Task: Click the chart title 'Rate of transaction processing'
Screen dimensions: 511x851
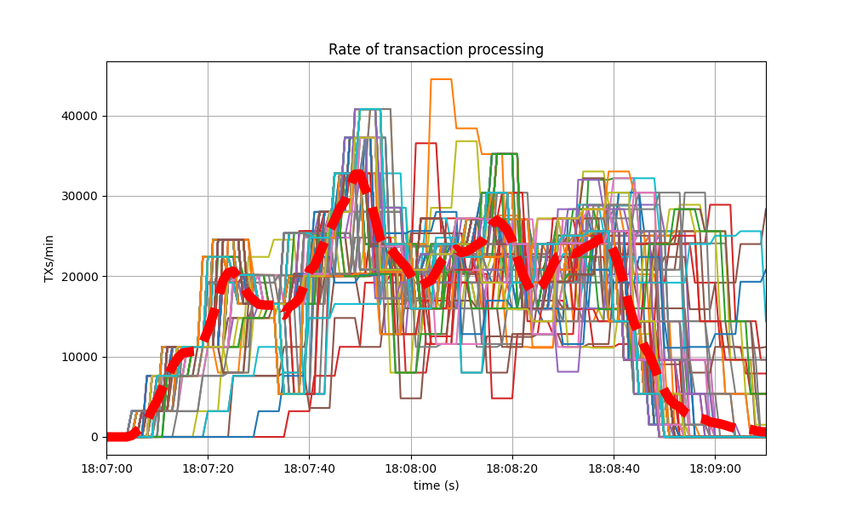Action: pos(436,49)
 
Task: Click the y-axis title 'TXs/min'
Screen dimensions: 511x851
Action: pos(49,258)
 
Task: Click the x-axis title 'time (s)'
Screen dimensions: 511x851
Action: pos(436,485)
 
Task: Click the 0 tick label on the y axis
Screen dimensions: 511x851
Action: pos(95,437)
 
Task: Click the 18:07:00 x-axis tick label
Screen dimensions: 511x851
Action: pos(106,468)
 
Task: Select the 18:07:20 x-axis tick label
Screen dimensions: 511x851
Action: pos(208,468)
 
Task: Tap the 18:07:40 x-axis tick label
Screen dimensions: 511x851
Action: pos(309,468)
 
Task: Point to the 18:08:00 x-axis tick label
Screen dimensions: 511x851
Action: pos(411,468)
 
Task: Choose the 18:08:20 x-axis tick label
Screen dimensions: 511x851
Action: pos(512,468)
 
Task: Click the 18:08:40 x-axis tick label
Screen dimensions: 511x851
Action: pos(614,468)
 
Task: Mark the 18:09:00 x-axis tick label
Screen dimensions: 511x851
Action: pos(715,468)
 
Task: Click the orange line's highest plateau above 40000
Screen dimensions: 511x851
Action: pos(441,79)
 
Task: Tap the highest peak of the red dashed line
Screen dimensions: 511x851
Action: pos(358,176)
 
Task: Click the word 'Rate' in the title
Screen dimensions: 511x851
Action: pos(342,49)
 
